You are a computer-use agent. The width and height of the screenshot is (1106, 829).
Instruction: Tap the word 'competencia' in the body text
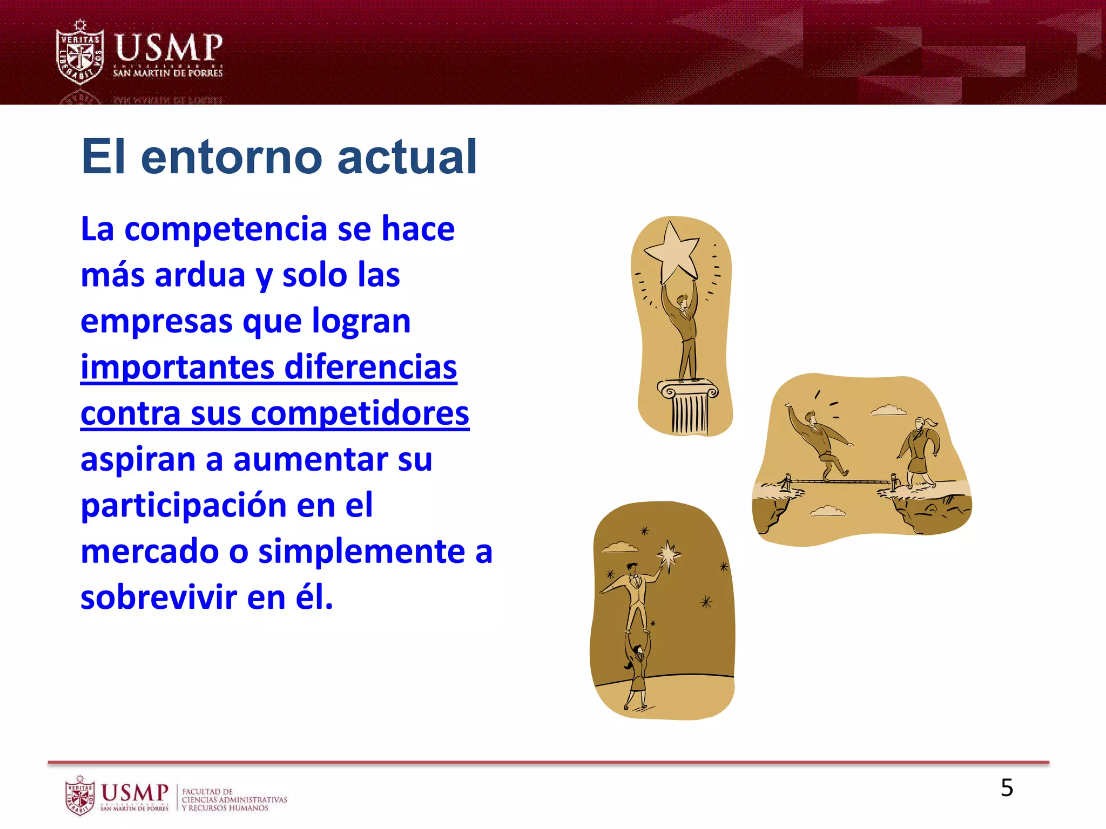click(x=226, y=229)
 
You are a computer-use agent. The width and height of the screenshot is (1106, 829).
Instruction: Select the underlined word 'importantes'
click(x=178, y=367)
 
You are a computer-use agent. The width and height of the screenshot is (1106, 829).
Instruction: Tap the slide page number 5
click(x=1007, y=788)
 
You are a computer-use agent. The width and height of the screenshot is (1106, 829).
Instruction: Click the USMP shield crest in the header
click(x=80, y=54)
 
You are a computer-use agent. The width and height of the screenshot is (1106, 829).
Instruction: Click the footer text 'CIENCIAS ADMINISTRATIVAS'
click(x=234, y=800)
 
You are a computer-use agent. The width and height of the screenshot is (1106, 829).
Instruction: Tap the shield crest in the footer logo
click(x=80, y=796)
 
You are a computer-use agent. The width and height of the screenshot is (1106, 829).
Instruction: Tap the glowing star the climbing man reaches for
click(x=669, y=554)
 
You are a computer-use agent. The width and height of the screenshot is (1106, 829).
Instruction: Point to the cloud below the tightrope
click(x=827, y=511)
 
